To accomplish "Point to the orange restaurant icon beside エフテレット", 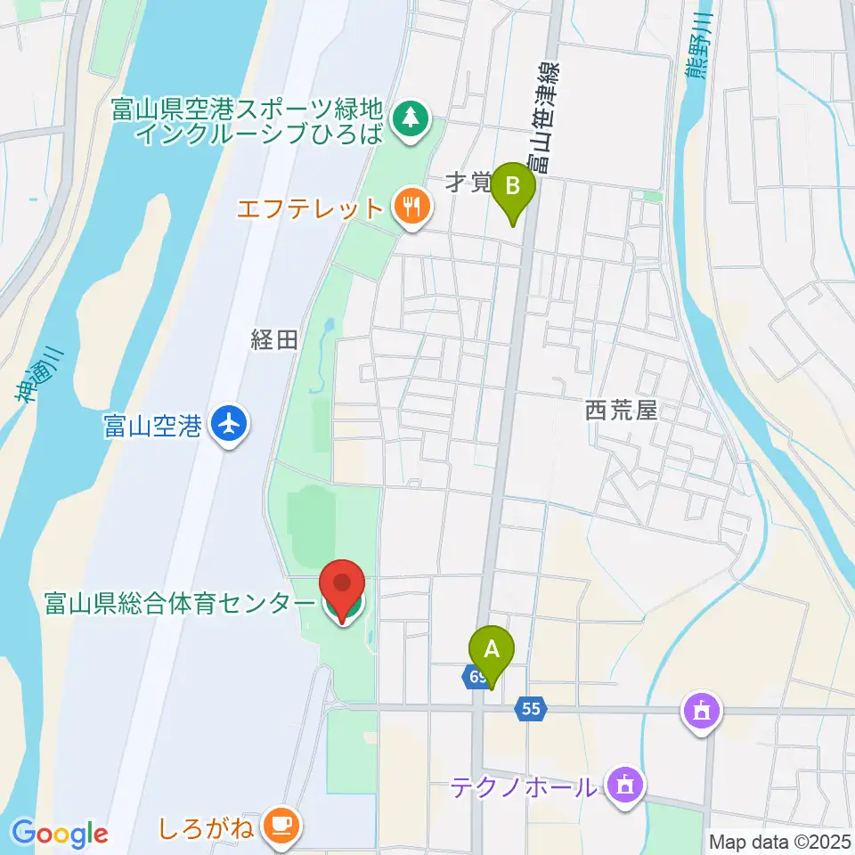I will [x=411, y=208].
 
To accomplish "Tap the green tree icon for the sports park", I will [x=411, y=117].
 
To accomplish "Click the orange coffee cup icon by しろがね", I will [x=283, y=825].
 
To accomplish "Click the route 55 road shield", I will [x=531, y=709].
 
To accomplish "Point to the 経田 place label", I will [x=273, y=339].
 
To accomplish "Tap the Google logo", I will [x=60, y=834].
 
